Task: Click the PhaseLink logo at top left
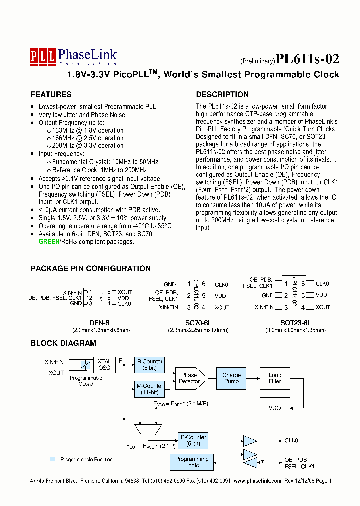click(73, 57)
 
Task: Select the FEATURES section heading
click(51, 95)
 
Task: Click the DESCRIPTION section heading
click(222, 95)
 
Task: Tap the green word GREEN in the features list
click(48, 242)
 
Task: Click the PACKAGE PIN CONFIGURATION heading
click(90, 269)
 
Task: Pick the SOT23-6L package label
click(296, 323)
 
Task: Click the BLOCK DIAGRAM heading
click(63, 343)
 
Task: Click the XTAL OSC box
click(104, 364)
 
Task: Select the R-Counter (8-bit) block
click(149, 364)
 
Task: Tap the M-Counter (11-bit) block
click(149, 389)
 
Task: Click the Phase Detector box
click(190, 378)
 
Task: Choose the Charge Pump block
click(231, 378)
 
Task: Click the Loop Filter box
click(275, 378)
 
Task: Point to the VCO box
click(275, 408)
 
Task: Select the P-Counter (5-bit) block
click(192, 441)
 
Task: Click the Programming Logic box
click(192, 462)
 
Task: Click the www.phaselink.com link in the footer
click(257, 480)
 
